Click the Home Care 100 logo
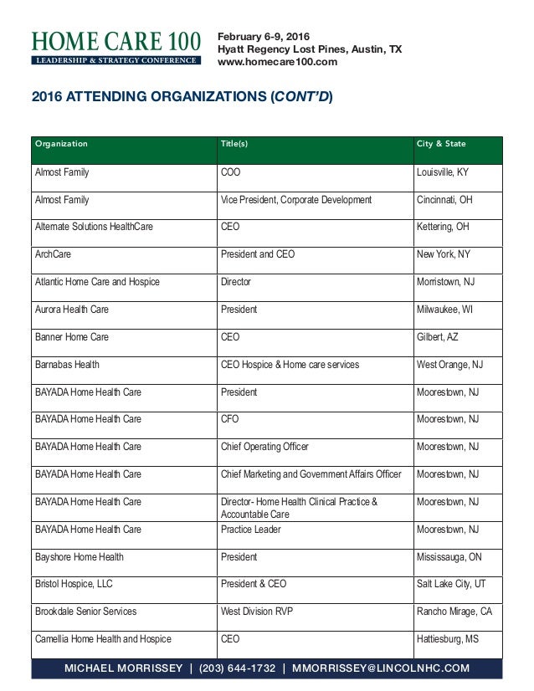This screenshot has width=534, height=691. pyautogui.click(x=116, y=47)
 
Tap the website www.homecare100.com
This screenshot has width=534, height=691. pyautogui.click(x=277, y=62)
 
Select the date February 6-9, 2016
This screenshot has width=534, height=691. pyautogui.click(x=264, y=36)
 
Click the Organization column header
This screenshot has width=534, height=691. pyautogui.click(x=61, y=144)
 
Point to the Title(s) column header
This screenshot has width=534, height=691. pyautogui.click(x=234, y=144)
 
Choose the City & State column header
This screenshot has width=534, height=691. pyautogui.click(x=441, y=144)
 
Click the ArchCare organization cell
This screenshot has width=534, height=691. pyautogui.click(x=52, y=253)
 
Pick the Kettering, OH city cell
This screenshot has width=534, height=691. pyautogui.click(x=444, y=227)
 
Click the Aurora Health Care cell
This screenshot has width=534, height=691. pyautogui.click(x=71, y=310)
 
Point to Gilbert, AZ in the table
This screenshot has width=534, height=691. pyautogui.click(x=438, y=337)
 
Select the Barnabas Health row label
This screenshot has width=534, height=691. pyautogui.click(x=66, y=365)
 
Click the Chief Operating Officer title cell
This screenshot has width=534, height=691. pyautogui.click(x=264, y=447)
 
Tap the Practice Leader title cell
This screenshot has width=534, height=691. pyautogui.click(x=250, y=530)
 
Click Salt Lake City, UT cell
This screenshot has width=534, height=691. pyautogui.click(x=451, y=585)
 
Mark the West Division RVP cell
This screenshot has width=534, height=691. pyautogui.click(x=258, y=612)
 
